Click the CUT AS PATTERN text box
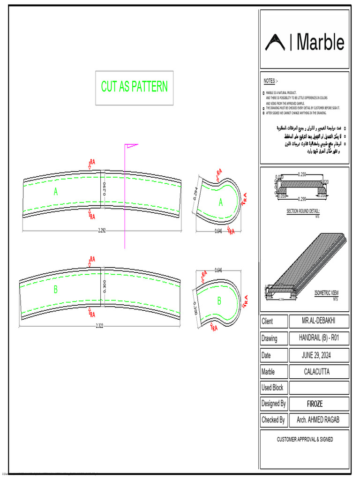point(135,87)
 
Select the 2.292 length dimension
point(102,230)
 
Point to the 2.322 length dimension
point(99,326)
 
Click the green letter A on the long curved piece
point(56,192)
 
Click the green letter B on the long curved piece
point(55,290)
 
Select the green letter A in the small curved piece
point(221,202)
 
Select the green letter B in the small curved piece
point(218,301)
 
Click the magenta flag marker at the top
point(130,147)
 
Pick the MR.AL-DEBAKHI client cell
point(319,322)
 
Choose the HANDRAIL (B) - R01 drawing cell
point(319,338)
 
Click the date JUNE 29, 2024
point(319,355)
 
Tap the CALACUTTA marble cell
point(319,372)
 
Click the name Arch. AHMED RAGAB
point(319,420)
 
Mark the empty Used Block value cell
point(319,388)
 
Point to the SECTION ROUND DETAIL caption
point(303,211)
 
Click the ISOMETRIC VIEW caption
point(326,293)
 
